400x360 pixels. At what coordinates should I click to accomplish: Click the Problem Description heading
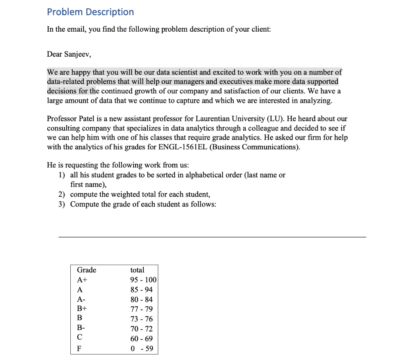(x=90, y=12)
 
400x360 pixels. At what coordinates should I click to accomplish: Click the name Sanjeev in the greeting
(x=77, y=54)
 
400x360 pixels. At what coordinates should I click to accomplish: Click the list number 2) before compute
(x=62, y=195)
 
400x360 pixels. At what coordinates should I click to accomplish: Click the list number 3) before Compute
(x=62, y=204)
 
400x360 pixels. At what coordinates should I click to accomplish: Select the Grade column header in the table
(x=86, y=270)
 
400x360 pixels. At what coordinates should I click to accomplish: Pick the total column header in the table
(x=137, y=270)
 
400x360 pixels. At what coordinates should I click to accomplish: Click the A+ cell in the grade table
(x=82, y=280)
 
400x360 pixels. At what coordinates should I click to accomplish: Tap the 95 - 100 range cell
(x=143, y=280)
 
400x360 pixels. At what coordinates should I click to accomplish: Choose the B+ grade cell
(x=82, y=309)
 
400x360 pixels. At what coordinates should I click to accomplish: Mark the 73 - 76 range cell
(x=141, y=319)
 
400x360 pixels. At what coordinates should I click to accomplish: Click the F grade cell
(x=79, y=349)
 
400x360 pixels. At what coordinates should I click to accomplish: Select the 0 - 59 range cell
(x=141, y=349)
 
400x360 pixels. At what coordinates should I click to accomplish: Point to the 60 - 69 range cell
(x=141, y=339)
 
